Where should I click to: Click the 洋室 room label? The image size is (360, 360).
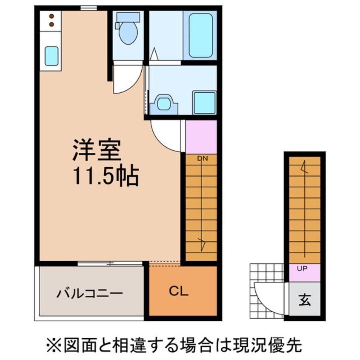(x=97, y=150)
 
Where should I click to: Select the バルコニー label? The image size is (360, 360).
(x=90, y=293)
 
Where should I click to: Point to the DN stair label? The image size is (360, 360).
(x=202, y=159)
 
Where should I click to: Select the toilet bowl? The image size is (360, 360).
(x=128, y=34)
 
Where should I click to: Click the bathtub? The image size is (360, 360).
(x=200, y=35)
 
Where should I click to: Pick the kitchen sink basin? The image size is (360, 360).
(x=51, y=56)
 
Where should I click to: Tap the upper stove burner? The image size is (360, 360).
(x=51, y=17)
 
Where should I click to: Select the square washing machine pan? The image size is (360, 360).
(x=204, y=102)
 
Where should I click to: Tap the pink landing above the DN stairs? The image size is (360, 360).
(x=201, y=136)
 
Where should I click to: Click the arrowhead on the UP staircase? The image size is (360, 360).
(x=303, y=167)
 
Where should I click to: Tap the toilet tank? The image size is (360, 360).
(x=128, y=17)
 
